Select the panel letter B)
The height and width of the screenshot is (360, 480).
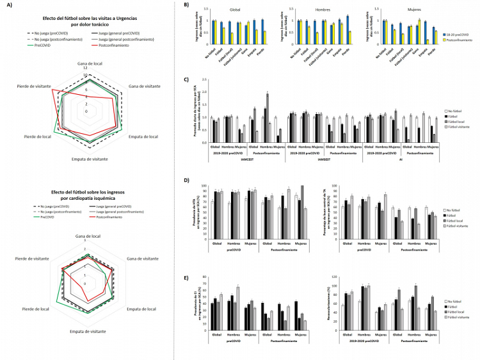click(x=186, y=5)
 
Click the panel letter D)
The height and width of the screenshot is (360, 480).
click(x=186, y=181)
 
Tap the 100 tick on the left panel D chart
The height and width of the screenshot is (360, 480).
click(x=204, y=186)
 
